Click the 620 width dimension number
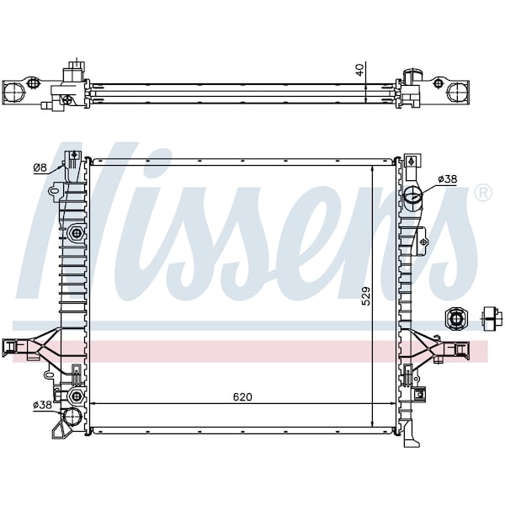[242, 396]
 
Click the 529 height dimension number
[366, 296]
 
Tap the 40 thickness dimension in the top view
[359, 70]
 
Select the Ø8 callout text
[40, 167]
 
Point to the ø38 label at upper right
[448, 179]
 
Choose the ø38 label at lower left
[42, 405]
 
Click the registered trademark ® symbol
[483, 193]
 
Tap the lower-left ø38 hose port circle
[72, 417]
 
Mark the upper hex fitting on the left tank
[76, 232]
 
